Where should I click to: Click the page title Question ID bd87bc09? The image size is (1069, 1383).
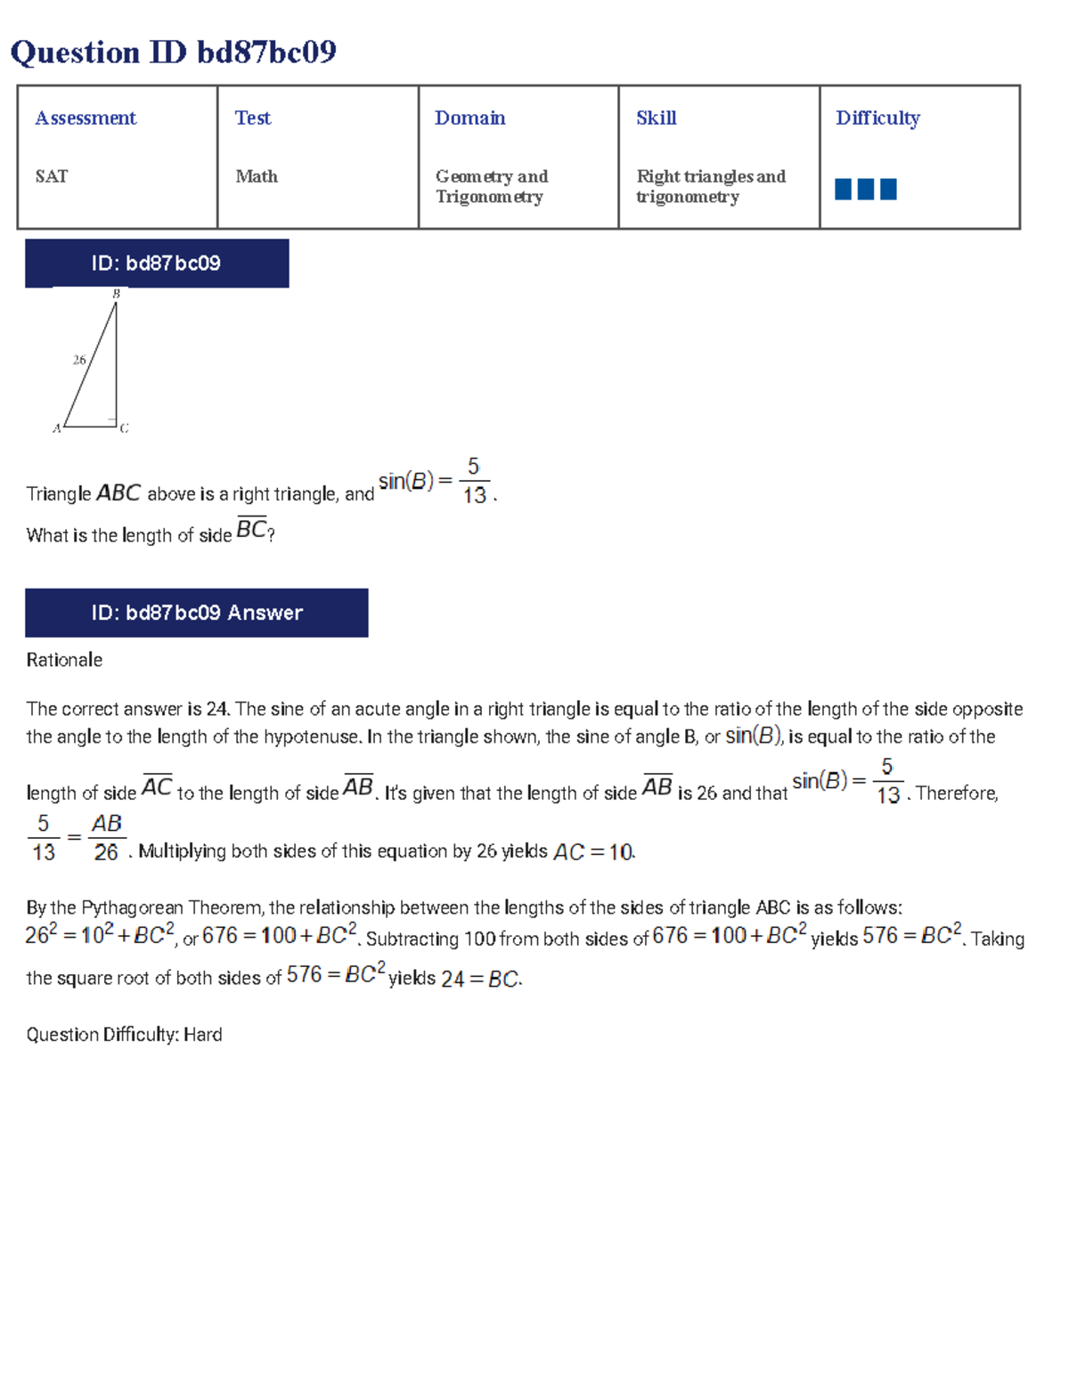[173, 53]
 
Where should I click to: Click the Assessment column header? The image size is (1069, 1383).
[86, 118]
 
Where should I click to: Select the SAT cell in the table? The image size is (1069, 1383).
[52, 176]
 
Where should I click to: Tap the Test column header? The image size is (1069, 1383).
[253, 118]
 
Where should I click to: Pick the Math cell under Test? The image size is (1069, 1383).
[257, 176]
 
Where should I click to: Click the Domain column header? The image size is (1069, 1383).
[469, 118]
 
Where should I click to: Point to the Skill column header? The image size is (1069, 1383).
[657, 118]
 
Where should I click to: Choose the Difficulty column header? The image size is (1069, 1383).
[877, 118]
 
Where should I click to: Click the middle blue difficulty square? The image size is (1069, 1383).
[865, 189]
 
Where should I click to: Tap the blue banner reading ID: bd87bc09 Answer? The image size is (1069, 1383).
[196, 613]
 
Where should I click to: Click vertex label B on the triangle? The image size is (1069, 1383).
[116, 294]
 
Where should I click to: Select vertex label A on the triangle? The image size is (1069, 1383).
[56, 428]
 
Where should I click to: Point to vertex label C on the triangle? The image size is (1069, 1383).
[124, 428]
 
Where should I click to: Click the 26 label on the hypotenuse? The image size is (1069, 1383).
[79, 360]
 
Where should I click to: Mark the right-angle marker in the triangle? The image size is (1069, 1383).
[112, 421]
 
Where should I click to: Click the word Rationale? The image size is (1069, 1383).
[64, 660]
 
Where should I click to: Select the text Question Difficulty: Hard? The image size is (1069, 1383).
[124, 1034]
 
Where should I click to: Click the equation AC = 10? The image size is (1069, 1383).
[593, 852]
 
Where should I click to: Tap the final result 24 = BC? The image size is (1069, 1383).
[481, 980]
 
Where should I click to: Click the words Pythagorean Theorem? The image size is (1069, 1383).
[170, 907]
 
